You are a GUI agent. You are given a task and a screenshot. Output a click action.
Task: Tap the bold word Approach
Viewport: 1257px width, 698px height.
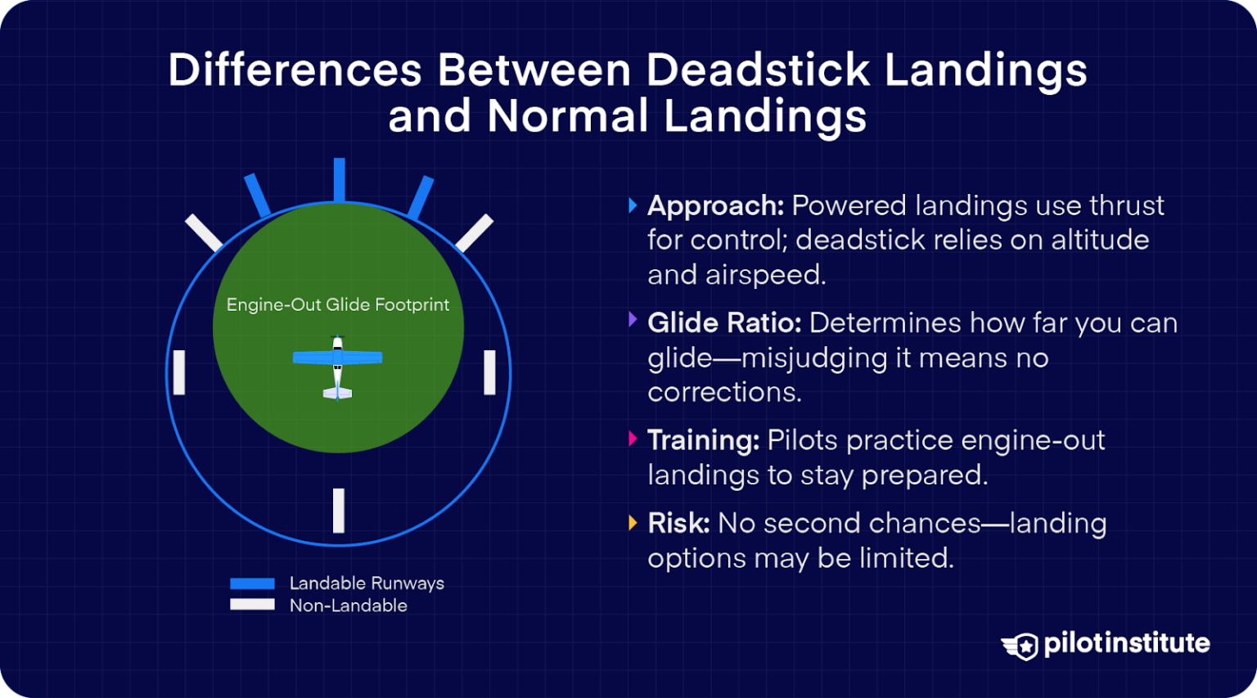(x=715, y=205)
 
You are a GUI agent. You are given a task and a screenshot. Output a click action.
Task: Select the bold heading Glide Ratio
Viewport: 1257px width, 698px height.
(x=723, y=323)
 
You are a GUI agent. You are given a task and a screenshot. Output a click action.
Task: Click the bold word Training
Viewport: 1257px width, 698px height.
(x=703, y=440)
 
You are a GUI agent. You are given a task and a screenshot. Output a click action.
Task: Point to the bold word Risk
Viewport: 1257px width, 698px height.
(x=678, y=524)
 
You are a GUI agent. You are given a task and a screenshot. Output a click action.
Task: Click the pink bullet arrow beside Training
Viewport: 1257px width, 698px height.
(x=633, y=439)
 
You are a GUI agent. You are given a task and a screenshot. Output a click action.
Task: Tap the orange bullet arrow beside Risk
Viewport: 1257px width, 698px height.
(x=633, y=523)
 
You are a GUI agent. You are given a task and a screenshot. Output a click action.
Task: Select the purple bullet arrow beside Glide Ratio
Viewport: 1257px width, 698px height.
(x=633, y=320)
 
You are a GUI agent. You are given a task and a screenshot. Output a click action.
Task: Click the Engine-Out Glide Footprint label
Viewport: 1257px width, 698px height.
(x=337, y=304)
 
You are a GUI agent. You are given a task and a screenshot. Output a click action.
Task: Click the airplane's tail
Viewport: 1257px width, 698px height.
(x=337, y=394)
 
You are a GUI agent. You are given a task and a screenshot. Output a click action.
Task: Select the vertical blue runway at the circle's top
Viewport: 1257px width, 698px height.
(x=339, y=180)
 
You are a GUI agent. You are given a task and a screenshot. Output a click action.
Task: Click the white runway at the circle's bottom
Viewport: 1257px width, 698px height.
(x=339, y=510)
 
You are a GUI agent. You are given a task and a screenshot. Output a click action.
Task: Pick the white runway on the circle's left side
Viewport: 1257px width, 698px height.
(x=179, y=372)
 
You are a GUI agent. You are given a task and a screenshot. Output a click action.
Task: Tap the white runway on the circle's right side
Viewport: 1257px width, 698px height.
(x=489, y=372)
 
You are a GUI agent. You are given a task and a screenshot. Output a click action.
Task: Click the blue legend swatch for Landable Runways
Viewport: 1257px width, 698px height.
(x=252, y=583)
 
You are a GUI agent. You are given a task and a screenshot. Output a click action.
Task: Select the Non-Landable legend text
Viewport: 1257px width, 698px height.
(x=348, y=606)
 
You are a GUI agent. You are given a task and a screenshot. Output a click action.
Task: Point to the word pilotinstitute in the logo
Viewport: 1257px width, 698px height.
(x=1126, y=643)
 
